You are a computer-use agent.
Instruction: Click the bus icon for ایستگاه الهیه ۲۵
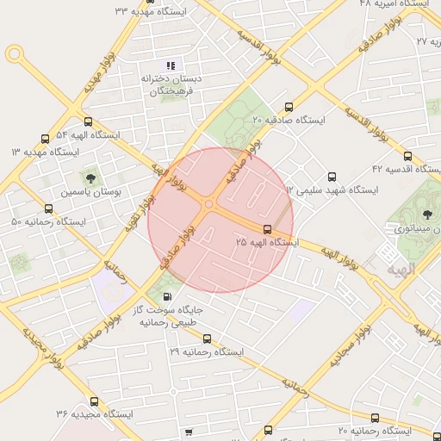tap(268, 229)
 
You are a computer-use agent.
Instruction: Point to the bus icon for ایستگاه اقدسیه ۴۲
tap(407, 156)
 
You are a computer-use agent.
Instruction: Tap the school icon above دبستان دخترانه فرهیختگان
tap(171, 65)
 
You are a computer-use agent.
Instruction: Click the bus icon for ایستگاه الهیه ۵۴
tap(88, 121)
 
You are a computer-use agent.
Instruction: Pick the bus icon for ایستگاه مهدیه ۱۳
tap(46, 138)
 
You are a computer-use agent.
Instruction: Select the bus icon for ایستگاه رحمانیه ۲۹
tap(206, 339)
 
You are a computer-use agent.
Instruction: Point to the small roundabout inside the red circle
tap(209, 204)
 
